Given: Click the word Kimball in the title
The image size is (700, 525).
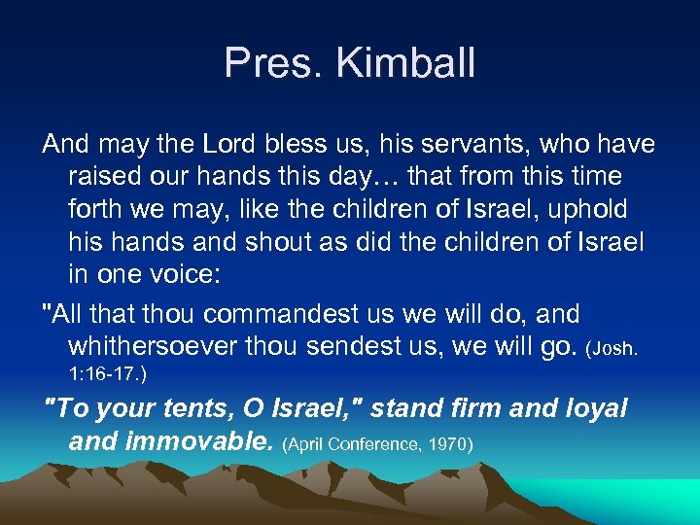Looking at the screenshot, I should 406,63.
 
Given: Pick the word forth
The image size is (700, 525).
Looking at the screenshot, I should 95,210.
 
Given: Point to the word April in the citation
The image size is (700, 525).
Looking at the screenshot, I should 307,445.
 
